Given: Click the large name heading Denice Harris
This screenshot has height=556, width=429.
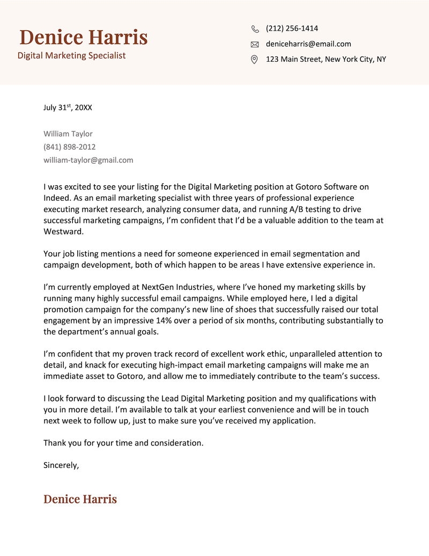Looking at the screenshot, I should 83,38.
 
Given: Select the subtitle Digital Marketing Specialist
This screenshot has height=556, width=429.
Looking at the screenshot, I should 71,55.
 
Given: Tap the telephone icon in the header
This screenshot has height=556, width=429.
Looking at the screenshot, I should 255,29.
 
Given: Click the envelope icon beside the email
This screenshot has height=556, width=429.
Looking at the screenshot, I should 255,45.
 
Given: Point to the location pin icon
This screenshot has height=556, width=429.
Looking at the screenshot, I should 255,60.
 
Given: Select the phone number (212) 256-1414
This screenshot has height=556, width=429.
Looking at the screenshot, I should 292,28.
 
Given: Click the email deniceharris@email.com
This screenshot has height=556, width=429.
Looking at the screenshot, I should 308,44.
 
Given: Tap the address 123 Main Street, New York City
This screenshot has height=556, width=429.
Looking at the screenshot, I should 326,59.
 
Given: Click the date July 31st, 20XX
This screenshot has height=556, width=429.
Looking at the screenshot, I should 68,107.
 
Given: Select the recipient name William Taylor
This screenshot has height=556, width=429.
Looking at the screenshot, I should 68,134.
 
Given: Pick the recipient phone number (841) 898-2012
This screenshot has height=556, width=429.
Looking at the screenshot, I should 70,147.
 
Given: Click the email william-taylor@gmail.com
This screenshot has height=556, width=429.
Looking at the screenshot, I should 88,160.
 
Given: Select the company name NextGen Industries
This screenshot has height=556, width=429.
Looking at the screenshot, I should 173,287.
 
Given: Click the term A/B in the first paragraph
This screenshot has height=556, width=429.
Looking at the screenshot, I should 280,209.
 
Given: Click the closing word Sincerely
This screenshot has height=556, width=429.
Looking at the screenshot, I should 61,465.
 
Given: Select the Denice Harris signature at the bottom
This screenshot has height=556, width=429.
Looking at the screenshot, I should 80,499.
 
